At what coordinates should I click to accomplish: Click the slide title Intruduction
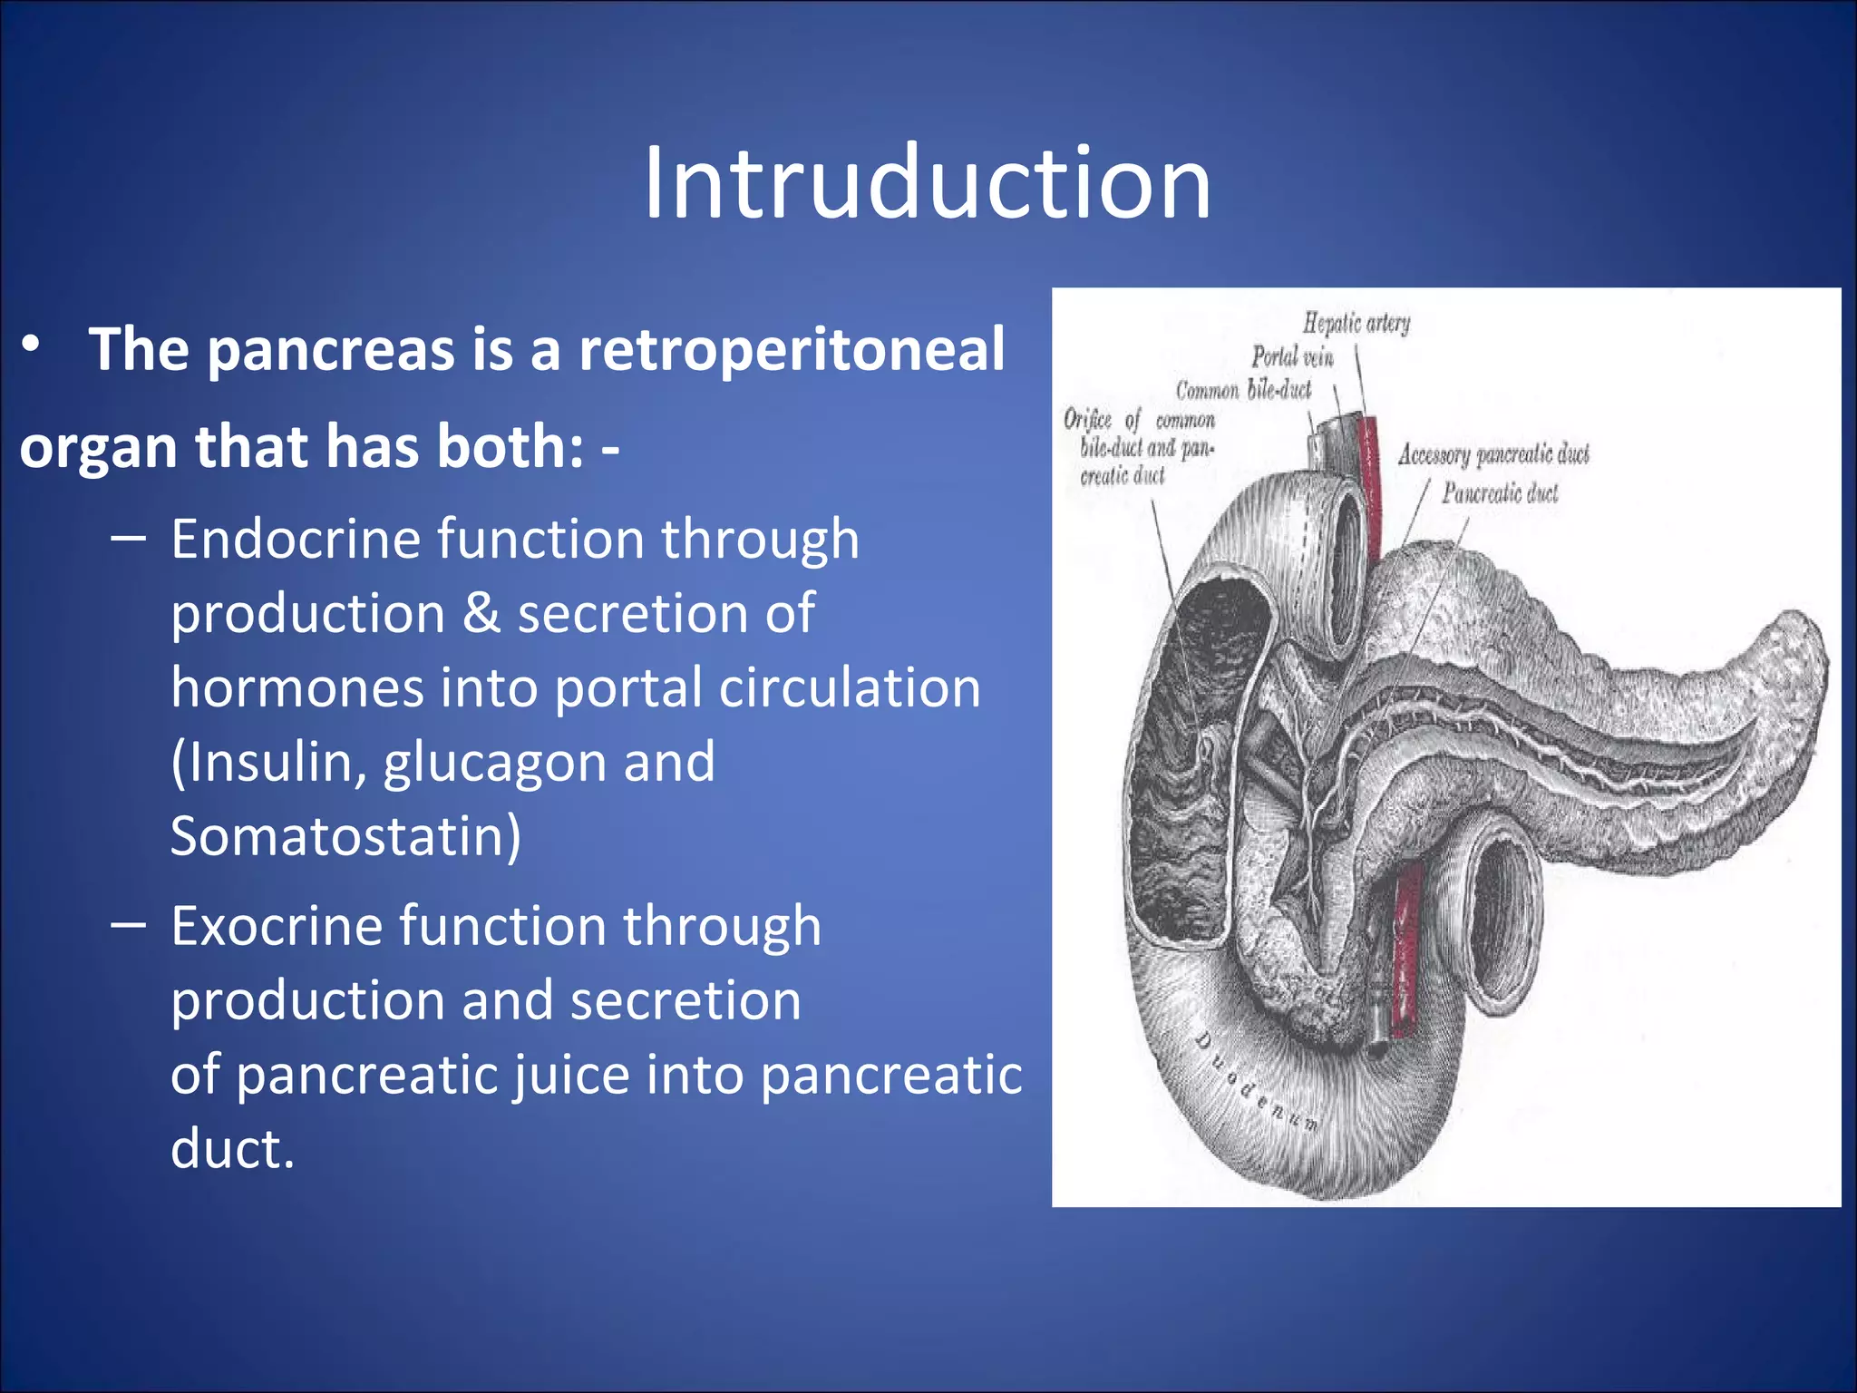(x=927, y=183)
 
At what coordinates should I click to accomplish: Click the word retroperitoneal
(x=792, y=350)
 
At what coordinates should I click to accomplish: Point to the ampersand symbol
(x=481, y=614)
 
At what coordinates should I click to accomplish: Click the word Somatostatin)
(x=345, y=836)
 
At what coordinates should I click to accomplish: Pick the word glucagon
(x=492, y=763)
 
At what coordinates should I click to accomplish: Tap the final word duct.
(x=232, y=1149)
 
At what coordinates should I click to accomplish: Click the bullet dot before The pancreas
(x=32, y=345)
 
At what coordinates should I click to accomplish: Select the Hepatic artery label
(x=1356, y=323)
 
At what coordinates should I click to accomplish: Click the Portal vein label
(x=1292, y=357)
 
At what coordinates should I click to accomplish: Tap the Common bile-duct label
(x=1243, y=391)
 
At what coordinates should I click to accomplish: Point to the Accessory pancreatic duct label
(x=1492, y=454)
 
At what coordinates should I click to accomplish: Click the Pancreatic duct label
(x=1500, y=493)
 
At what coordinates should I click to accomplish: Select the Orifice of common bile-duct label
(x=1140, y=447)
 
